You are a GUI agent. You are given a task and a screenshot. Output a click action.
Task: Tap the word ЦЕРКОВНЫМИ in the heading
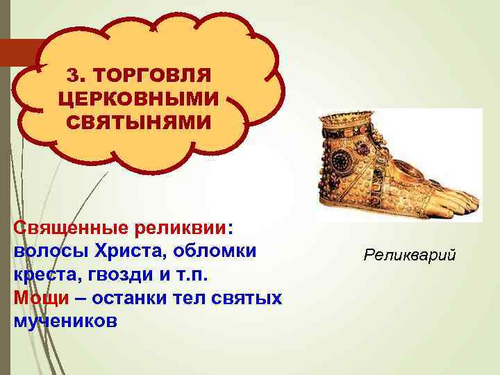pos(139,99)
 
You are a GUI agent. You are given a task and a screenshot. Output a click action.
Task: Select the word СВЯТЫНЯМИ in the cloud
pos(139,122)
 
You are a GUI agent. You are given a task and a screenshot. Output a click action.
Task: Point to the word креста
pos(46,274)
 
